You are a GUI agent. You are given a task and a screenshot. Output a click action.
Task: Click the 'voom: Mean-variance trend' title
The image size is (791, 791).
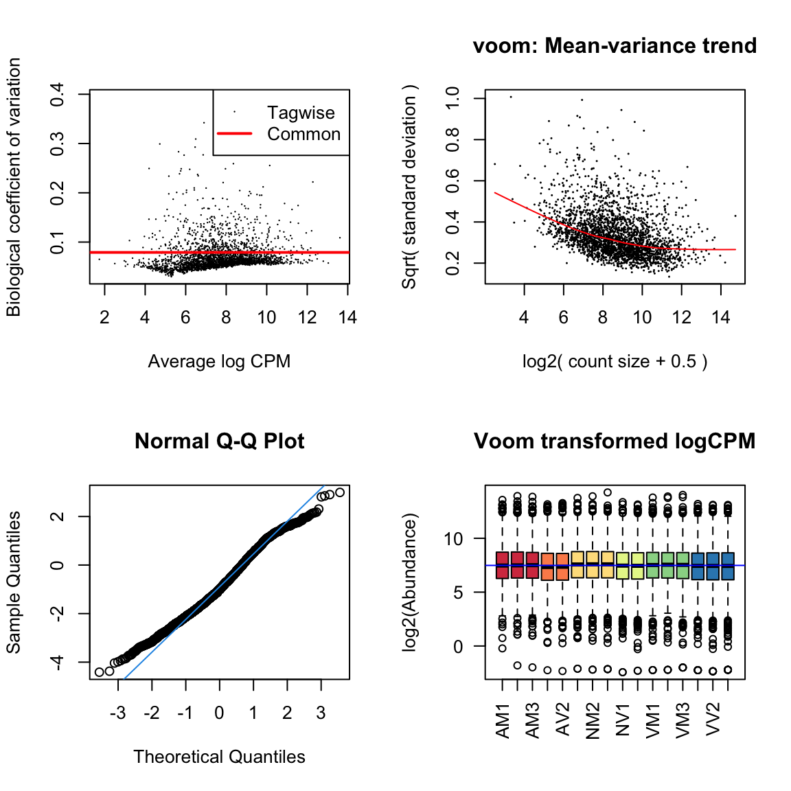(x=615, y=46)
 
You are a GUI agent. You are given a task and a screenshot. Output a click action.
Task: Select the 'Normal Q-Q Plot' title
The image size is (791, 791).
(x=219, y=442)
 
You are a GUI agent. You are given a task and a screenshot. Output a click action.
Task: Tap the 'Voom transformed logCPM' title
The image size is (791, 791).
(x=615, y=442)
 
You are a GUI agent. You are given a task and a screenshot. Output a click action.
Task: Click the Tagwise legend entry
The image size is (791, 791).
(x=301, y=113)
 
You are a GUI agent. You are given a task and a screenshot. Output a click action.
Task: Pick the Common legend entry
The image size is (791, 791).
(x=303, y=135)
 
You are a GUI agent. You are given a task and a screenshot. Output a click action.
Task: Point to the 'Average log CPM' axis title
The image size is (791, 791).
(x=219, y=362)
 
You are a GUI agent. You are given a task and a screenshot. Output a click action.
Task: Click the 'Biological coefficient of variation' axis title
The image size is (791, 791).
(x=14, y=187)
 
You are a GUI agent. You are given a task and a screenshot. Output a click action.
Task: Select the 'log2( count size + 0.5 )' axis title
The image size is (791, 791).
(x=615, y=362)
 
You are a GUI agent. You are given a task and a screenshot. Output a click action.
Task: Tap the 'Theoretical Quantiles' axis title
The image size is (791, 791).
(x=219, y=757)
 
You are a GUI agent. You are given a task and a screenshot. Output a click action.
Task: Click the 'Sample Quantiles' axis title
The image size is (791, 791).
(x=14, y=582)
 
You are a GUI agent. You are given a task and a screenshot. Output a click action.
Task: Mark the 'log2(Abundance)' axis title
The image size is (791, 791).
(x=410, y=582)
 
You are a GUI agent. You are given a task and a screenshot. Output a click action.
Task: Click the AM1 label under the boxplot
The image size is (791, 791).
(x=503, y=720)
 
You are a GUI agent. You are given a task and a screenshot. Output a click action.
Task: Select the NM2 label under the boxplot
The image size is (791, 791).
(x=593, y=720)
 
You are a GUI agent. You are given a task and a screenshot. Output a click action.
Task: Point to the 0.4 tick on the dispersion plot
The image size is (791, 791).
(x=58, y=94)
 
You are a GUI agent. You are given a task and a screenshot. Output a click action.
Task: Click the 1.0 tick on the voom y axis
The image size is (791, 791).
(x=453, y=98)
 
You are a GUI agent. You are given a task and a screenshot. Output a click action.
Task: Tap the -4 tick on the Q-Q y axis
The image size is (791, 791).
(x=58, y=662)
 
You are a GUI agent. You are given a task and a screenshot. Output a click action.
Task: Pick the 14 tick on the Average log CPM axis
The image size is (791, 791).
(x=347, y=318)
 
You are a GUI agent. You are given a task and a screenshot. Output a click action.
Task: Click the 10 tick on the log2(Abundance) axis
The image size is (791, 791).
(x=454, y=539)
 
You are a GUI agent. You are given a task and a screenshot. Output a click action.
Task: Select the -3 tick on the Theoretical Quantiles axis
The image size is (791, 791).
(x=117, y=713)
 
